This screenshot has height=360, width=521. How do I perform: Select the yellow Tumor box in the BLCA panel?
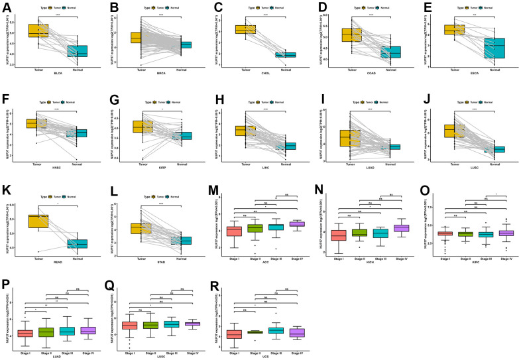coord(38,30)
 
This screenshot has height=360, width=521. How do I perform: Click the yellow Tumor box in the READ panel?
coord(37,221)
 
